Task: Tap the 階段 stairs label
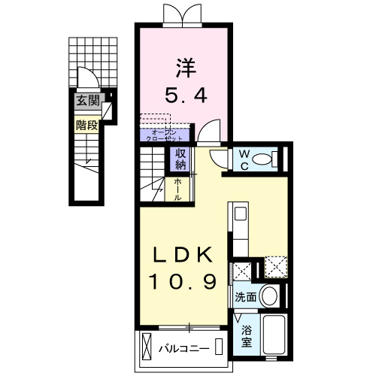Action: pos(86,125)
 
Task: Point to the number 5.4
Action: pos(186,96)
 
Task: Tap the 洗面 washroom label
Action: pos(246,297)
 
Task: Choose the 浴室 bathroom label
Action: pos(247,335)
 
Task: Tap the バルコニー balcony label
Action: pos(184,348)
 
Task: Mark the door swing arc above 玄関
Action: pos(85,79)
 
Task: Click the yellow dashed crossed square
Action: pos(274,265)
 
